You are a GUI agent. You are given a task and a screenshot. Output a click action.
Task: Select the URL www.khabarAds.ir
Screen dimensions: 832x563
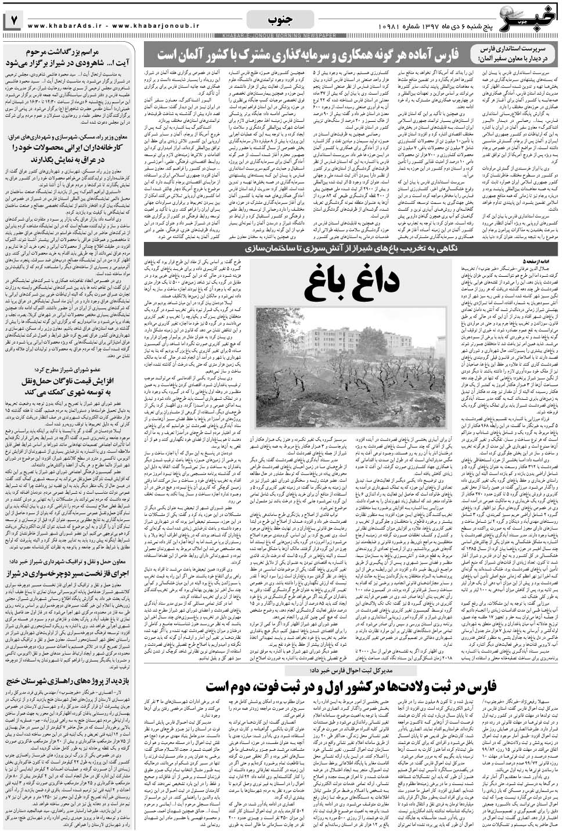(64, 26)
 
